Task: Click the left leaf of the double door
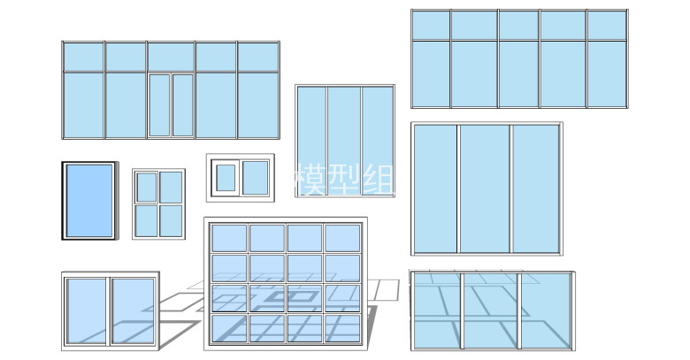coord(159,105)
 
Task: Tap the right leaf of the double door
coord(182,105)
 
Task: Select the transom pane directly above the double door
coord(171,57)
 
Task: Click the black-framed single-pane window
coord(89,201)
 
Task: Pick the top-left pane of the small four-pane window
coord(147,187)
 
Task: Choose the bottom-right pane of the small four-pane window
coord(171,221)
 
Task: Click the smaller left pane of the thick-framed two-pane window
coord(226,178)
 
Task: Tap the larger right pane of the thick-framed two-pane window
coord(256,178)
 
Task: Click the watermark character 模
coord(308,180)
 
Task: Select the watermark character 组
coord(379,180)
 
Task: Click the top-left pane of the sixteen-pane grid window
coord(229,238)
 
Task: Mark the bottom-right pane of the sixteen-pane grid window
coord(342,328)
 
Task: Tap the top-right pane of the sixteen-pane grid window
coord(342,238)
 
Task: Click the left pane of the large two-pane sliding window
coord(87,310)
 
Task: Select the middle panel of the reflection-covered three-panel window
coord(491,310)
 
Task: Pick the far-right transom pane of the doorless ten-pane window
coord(607,25)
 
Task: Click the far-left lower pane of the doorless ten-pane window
coord(431,74)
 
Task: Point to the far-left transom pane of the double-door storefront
coord(83,57)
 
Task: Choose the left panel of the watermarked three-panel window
coord(311,140)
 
